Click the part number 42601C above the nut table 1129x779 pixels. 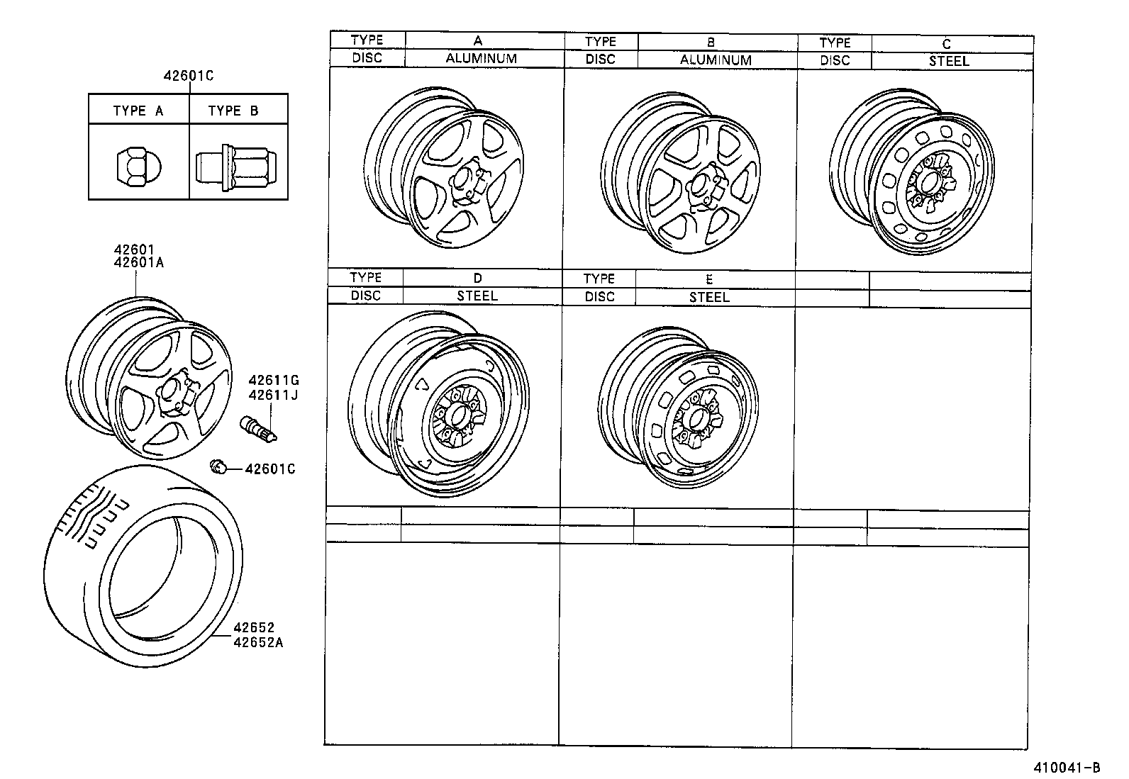coord(188,76)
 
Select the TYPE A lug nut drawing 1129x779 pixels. coord(139,165)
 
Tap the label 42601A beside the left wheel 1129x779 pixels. coord(139,262)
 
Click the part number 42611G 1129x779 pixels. coord(273,381)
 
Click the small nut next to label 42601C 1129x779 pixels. coord(218,466)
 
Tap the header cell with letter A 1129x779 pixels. coord(478,40)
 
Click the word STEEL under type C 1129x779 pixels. coord(949,61)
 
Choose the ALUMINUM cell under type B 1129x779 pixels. coord(716,60)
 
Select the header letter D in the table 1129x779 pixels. coord(477,278)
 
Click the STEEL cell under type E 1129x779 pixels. coord(709,298)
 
